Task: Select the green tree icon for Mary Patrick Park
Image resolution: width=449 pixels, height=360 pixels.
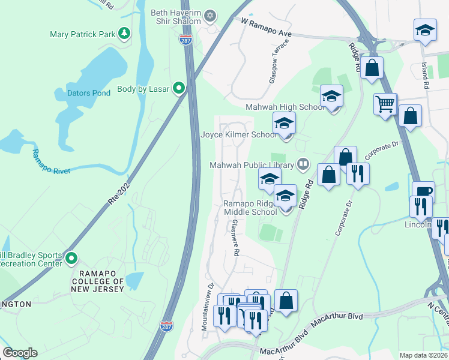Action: [124, 34]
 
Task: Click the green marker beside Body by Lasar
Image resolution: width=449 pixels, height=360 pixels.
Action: [179, 89]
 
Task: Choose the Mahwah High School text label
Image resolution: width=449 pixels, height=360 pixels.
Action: [285, 107]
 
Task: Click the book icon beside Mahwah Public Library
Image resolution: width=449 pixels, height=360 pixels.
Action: [304, 164]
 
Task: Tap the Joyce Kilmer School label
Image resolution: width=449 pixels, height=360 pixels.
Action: [239, 135]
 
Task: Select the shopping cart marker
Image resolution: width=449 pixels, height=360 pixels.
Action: [385, 104]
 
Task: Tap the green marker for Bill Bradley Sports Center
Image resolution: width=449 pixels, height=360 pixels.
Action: [71, 259]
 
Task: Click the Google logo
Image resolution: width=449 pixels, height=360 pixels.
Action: [20, 353]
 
